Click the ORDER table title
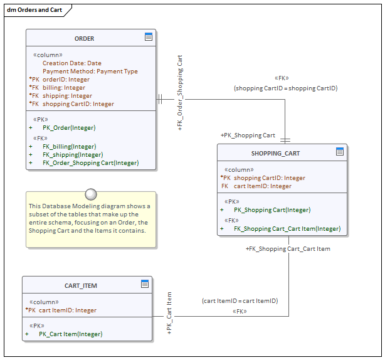point(84,38)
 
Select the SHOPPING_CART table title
point(275,153)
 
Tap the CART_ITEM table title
point(81,285)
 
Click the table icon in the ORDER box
point(149,37)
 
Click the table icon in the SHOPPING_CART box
point(340,152)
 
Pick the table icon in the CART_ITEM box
point(145,284)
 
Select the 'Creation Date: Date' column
point(71,63)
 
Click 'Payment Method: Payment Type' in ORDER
point(90,71)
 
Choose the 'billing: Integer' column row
point(64,88)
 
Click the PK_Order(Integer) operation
point(69,128)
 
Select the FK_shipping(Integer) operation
point(73,154)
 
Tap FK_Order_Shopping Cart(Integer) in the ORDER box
point(90,163)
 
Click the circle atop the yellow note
point(91,193)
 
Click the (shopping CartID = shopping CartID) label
point(286,88)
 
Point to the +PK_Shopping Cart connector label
point(248,135)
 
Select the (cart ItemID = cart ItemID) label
point(240,301)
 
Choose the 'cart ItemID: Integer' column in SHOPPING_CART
point(262,186)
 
